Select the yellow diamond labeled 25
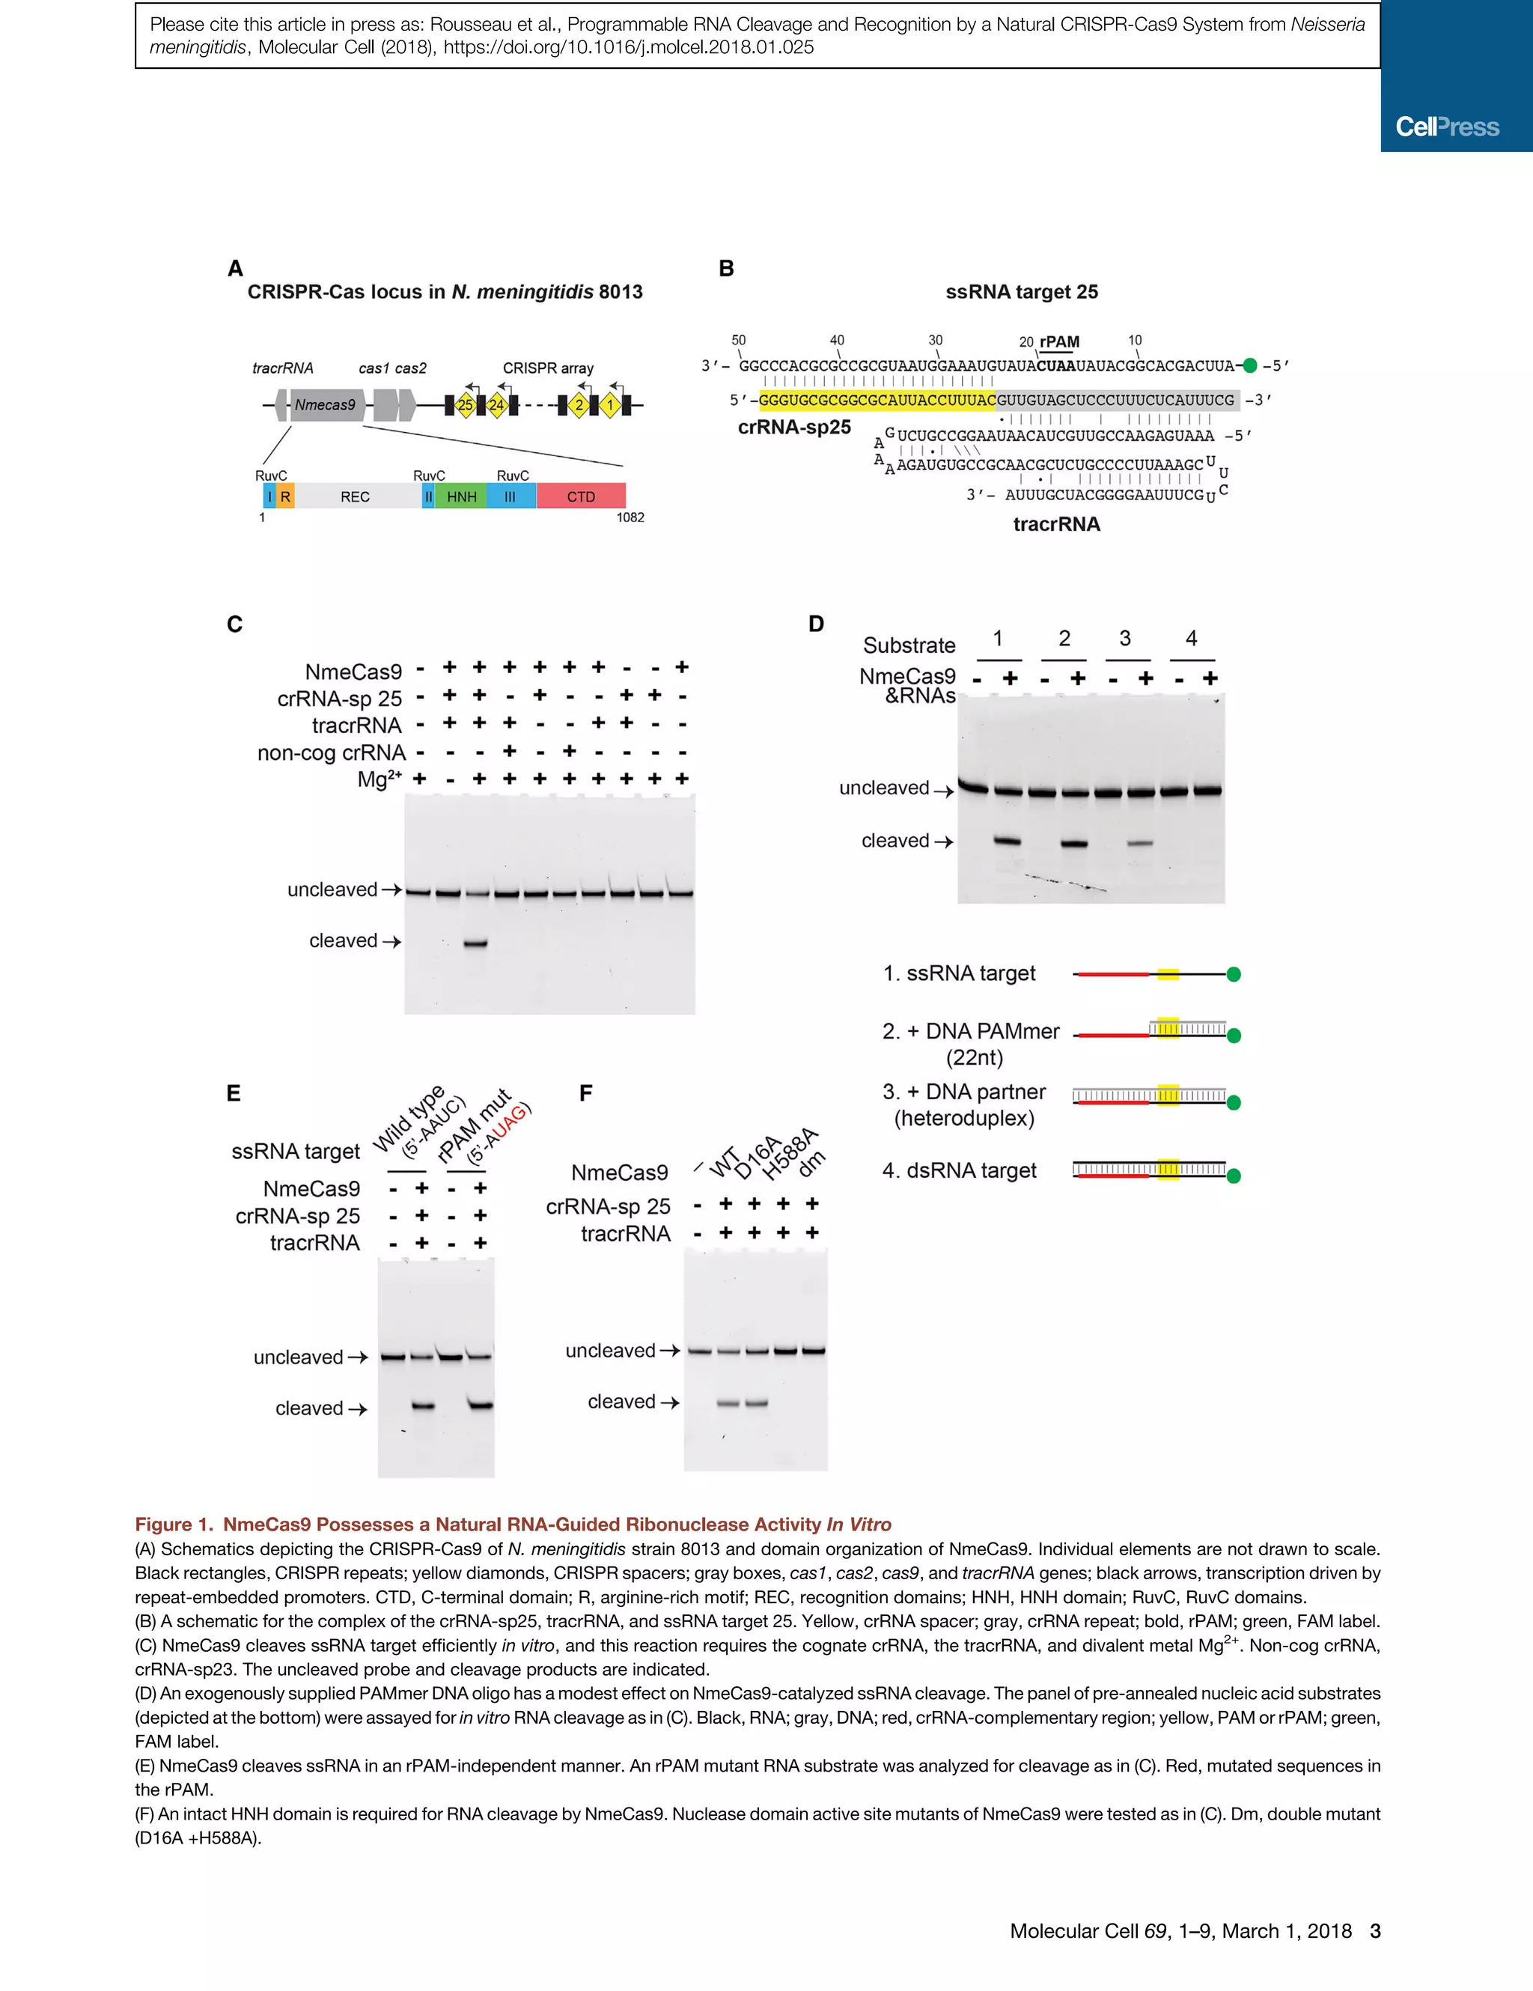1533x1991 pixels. (x=465, y=405)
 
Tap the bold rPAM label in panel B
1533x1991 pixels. (x=1059, y=342)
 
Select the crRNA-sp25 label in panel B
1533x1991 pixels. (x=794, y=427)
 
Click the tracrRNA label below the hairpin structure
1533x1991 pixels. (x=1056, y=524)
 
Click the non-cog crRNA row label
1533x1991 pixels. (x=331, y=753)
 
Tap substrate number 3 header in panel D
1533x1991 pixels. (x=1125, y=638)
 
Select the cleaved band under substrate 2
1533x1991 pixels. (x=1075, y=843)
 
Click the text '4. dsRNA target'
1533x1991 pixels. (x=959, y=1170)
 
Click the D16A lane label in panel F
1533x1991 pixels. (x=758, y=1157)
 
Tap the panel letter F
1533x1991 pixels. (x=585, y=1093)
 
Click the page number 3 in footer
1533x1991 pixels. (x=1375, y=1931)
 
